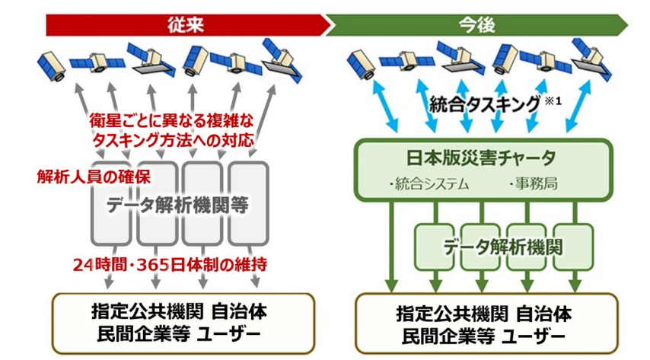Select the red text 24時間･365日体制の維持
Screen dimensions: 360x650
170,265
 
